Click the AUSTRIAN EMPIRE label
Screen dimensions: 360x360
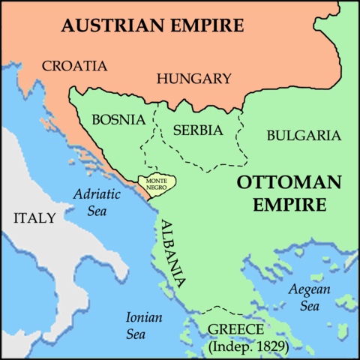(x=153, y=25)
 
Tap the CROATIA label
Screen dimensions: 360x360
(x=74, y=65)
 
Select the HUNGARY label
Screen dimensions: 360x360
(x=193, y=78)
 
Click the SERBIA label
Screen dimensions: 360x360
(x=198, y=130)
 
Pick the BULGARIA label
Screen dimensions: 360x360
(x=304, y=135)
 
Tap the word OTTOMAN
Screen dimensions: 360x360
(x=289, y=182)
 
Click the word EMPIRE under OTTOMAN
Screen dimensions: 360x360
(x=289, y=203)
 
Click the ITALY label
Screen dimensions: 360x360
(x=34, y=218)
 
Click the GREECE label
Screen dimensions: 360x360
(x=235, y=330)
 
